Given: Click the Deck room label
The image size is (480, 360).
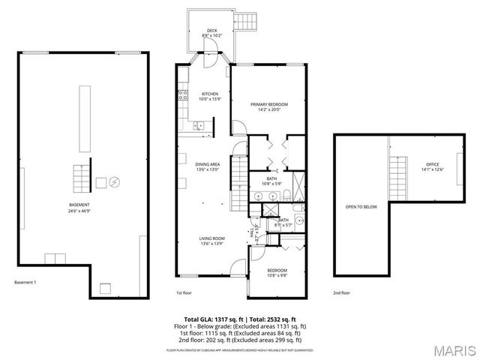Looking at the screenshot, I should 211,32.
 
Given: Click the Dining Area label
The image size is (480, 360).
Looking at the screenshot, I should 208,166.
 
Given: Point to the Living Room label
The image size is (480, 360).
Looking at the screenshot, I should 212,241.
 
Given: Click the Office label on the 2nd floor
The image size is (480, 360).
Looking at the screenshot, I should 433,166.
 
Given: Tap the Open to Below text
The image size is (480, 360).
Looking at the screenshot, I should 361,206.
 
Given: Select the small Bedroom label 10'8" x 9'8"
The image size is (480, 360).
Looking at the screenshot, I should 277,271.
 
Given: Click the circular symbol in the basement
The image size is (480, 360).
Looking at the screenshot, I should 114,181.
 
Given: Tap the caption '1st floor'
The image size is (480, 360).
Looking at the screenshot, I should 184,293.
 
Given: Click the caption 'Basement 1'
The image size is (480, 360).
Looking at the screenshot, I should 25,283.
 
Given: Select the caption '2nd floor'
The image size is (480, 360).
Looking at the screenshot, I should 342,293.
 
